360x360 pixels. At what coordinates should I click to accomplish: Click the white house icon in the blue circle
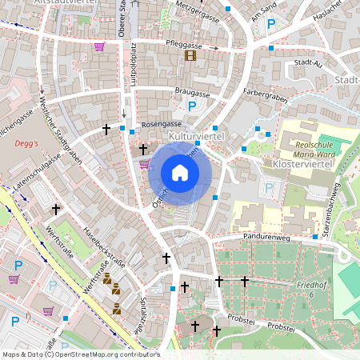(x=180, y=173)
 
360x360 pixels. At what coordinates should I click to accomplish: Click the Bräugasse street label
(x=192, y=93)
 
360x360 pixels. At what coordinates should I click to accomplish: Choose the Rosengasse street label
(x=162, y=125)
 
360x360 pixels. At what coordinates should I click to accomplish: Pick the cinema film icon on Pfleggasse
(x=190, y=55)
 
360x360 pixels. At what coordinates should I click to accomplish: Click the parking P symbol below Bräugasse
(x=191, y=106)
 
